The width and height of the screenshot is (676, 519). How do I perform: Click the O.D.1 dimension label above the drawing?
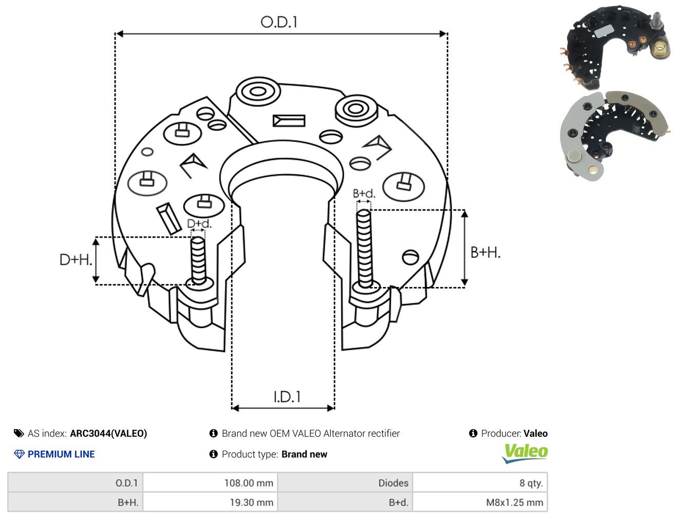point(279,22)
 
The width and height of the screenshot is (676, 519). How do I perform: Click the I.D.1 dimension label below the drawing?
point(287,397)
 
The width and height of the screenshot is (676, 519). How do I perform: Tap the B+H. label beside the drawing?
point(485,253)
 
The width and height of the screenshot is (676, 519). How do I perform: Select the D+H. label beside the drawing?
point(76,260)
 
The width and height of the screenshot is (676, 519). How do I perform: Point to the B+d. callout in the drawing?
point(364,194)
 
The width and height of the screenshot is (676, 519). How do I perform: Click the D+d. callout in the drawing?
point(199,223)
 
